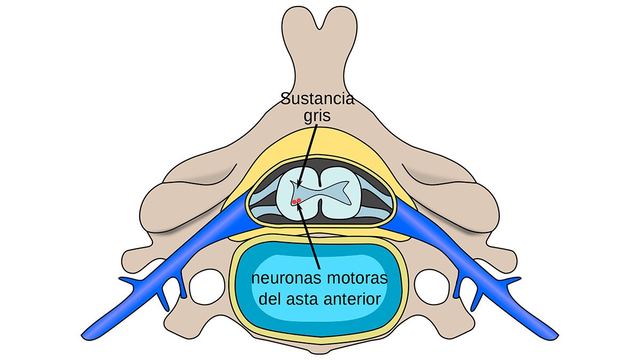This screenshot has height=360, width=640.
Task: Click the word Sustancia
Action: click(318, 99)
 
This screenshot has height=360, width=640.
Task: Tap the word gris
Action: click(318, 116)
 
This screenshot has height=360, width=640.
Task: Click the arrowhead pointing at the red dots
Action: click(300, 205)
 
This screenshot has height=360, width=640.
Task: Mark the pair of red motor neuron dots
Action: click(296, 201)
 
